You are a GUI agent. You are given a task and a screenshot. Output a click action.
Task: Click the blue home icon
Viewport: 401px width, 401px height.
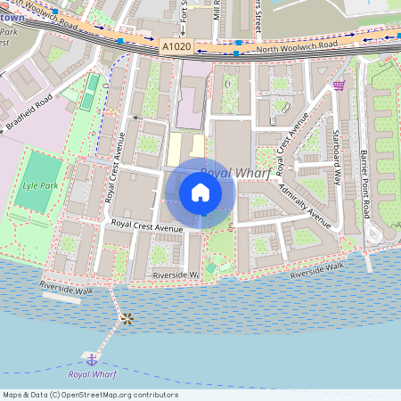pyautogui.click(x=200, y=192)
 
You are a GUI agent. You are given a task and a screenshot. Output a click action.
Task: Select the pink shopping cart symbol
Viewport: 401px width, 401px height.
pyautogui.click(x=339, y=86)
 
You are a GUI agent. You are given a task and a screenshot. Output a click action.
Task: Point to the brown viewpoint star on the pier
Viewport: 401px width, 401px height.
pyautogui.click(x=127, y=318)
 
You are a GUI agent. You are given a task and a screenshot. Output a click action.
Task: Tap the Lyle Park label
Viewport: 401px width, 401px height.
pyautogui.click(x=39, y=187)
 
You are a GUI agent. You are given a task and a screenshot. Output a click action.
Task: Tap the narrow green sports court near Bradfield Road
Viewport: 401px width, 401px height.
pyautogui.click(x=90, y=91)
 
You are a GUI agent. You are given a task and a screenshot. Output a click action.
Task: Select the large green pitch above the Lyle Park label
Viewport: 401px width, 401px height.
pyautogui.click(x=39, y=167)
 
